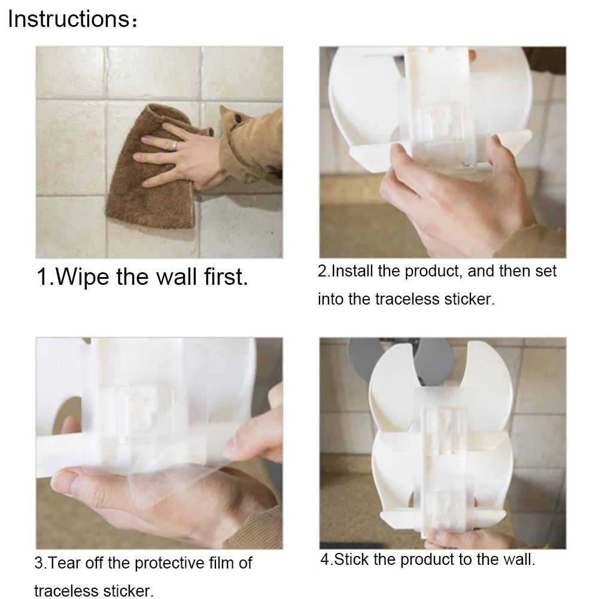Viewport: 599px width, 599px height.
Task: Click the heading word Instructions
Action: click(69, 19)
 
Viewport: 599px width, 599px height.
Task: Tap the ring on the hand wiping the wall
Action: click(174, 145)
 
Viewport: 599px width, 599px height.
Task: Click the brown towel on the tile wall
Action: click(153, 168)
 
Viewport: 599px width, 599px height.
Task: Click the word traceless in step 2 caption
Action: click(408, 299)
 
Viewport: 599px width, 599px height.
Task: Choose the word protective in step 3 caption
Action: click(169, 564)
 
